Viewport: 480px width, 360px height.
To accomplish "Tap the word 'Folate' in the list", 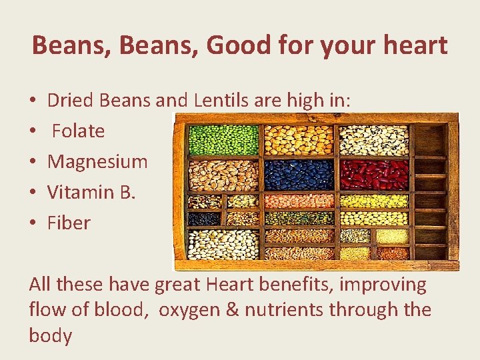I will pyautogui.click(x=78, y=131).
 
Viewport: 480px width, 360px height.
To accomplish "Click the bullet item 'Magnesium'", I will pyautogui.click(x=97, y=161).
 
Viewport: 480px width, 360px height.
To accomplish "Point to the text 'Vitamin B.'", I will pyautogui.click(x=91, y=192).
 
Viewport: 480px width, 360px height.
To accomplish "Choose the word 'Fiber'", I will pyautogui.click(x=69, y=223).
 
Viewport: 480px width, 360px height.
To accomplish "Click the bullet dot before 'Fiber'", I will pyautogui.click(x=33, y=223).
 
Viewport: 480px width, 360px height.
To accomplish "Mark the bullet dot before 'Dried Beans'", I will pyautogui.click(x=33, y=100).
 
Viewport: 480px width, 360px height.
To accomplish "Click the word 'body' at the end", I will pyautogui.click(x=50, y=335).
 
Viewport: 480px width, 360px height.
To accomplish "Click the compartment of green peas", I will pyautogui.click(x=223, y=140).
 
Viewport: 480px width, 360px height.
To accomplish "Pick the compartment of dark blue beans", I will pyautogui.click(x=298, y=175).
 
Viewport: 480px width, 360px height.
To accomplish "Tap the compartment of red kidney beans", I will pyautogui.click(x=374, y=175).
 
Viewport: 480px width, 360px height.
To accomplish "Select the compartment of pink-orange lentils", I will pyautogui.click(x=298, y=201).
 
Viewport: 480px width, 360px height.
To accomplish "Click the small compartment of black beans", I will pyautogui.click(x=204, y=218).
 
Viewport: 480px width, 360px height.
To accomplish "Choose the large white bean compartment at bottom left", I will pyautogui.click(x=223, y=244).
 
